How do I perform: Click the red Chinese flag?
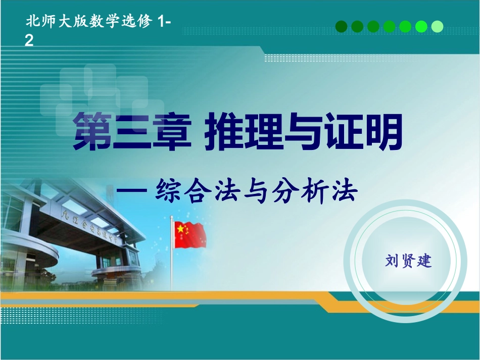click(x=190, y=235)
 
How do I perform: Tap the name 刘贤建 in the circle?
click(x=408, y=261)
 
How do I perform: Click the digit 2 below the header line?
click(x=29, y=41)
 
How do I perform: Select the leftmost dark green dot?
click(x=342, y=26)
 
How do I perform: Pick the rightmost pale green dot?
click(x=437, y=26)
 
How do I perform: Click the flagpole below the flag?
click(x=172, y=268)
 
